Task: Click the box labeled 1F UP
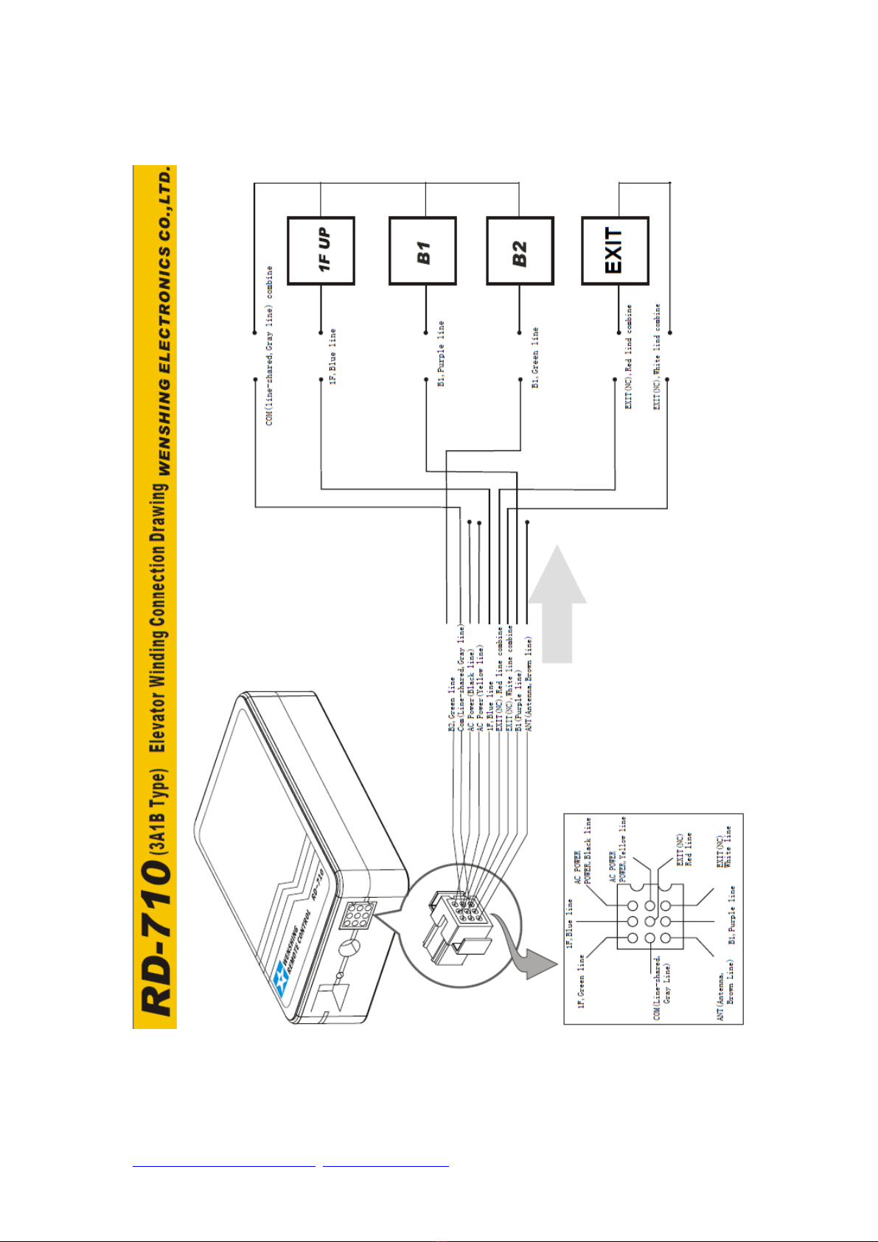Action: click(321, 251)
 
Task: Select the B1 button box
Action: click(422, 251)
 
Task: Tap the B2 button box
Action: click(520, 251)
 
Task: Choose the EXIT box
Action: click(615, 251)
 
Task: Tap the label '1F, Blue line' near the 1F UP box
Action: click(333, 357)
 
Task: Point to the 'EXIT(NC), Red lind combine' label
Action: click(629, 357)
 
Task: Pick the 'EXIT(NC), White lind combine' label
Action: click(657, 357)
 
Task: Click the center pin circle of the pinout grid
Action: click(649, 922)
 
